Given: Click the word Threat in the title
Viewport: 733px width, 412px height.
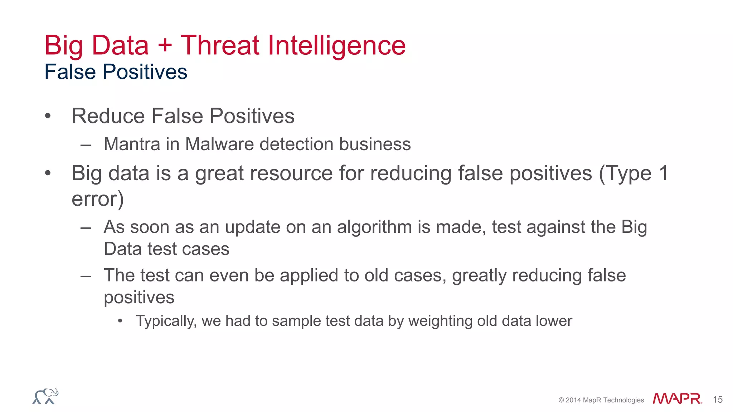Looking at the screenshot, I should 219,45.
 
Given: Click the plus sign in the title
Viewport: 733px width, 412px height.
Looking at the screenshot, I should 164,46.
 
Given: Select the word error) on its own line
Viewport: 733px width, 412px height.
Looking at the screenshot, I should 97,199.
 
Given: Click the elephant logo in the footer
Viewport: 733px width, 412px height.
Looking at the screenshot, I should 45,396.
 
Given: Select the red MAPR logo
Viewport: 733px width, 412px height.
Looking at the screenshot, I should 677,398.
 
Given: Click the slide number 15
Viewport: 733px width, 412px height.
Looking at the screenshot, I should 718,399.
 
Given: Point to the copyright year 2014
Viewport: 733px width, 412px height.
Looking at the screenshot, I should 573,400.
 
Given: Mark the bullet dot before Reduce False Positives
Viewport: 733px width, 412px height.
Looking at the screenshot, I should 48,116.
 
